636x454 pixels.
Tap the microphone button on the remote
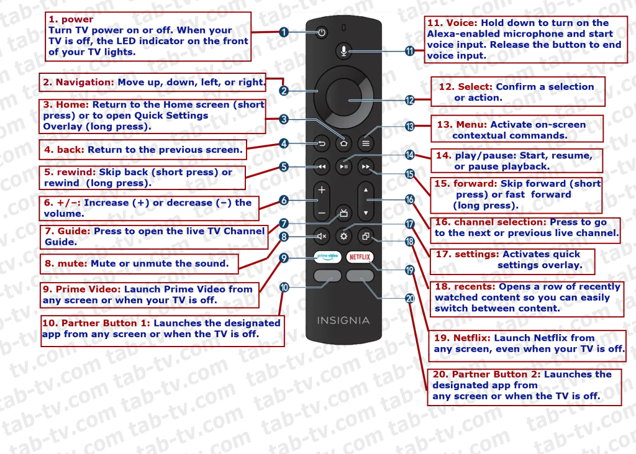[343, 51]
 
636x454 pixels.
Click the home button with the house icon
[343, 143]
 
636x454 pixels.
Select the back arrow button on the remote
[322, 143]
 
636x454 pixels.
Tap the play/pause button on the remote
[343, 166]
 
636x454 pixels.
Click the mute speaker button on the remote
[322, 236]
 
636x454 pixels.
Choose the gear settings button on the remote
[343, 236]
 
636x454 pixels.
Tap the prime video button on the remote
[327, 257]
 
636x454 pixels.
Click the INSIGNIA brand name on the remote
[343, 320]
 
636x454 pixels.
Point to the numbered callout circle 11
[410, 51]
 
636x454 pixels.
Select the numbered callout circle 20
[410, 299]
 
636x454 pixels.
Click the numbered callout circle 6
[284, 200]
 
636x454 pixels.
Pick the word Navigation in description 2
[84, 83]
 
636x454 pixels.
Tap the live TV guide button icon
[343, 212]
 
